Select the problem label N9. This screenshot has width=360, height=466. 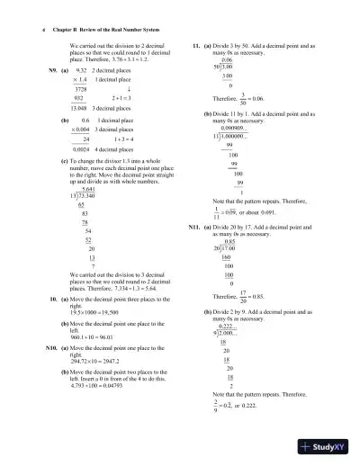[x=52, y=69]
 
